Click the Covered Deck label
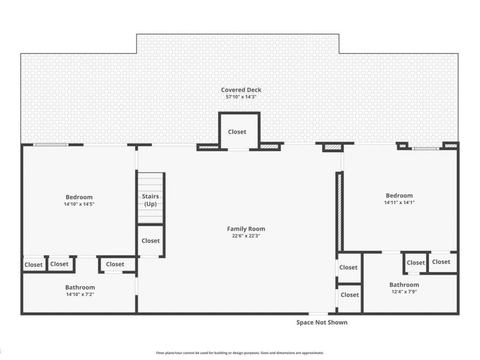(241, 89)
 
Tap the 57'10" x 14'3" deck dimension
(241, 97)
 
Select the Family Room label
(246, 229)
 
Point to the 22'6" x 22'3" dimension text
(246, 236)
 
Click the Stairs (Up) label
(151, 200)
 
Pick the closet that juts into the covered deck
(239, 131)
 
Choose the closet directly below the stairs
(151, 241)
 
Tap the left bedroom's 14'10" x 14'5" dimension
(79, 204)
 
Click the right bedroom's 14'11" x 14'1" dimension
(400, 202)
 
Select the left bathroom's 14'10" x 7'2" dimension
(80, 295)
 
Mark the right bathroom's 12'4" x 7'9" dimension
(404, 292)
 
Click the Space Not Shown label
(322, 322)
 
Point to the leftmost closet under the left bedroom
(34, 265)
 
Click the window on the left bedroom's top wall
(51, 145)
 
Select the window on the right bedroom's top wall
(425, 148)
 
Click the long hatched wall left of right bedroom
(339, 212)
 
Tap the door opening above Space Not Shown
(318, 313)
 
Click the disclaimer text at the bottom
(239, 353)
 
